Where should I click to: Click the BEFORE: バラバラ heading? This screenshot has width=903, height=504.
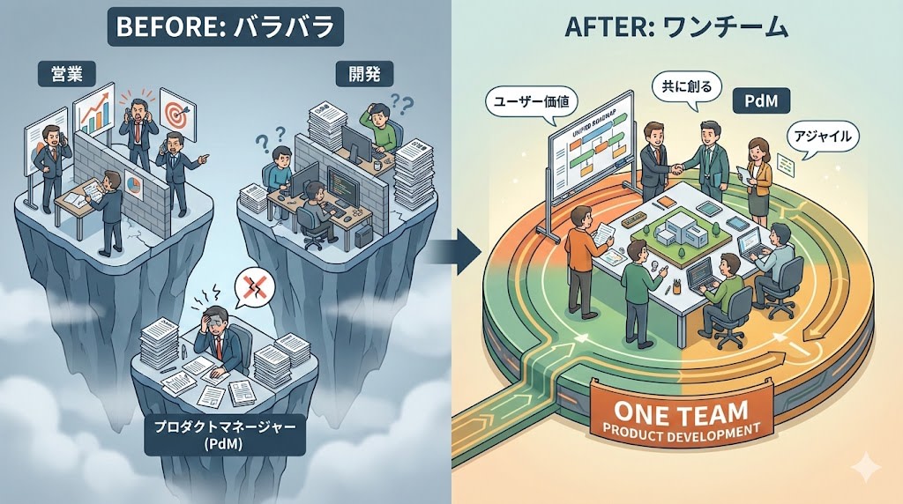pos(225,26)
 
